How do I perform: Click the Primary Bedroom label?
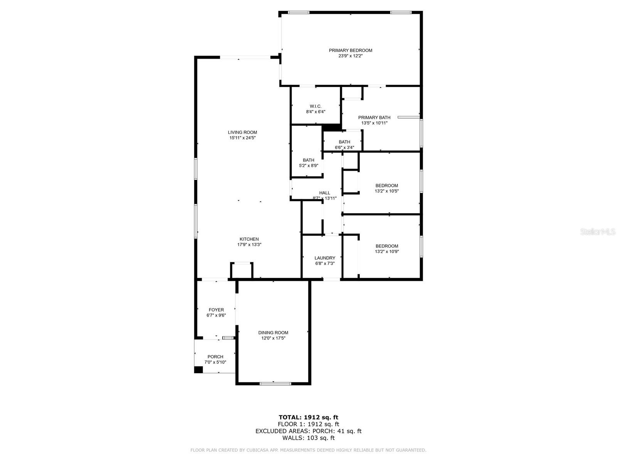pyautogui.click(x=350, y=50)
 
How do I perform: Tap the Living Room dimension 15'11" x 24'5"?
pyautogui.click(x=242, y=138)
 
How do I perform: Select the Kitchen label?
pyautogui.click(x=249, y=239)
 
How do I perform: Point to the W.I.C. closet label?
pyautogui.click(x=315, y=106)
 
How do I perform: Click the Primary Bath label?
pyautogui.click(x=374, y=118)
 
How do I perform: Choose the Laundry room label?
pyautogui.click(x=325, y=258)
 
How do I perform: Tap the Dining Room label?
pyautogui.click(x=273, y=333)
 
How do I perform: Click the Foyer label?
pyautogui.click(x=216, y=310)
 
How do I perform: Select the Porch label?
pyautogui.click(x=215, y=357)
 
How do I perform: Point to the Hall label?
pyautogui.click(x=325, y=193)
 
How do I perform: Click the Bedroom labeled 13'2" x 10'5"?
pyautogui.click(x=386, y=186)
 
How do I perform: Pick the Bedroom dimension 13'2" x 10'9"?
pyautogui.click(x=387, y=252)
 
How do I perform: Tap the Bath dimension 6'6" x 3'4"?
pyautogui.click(x=344, y=147)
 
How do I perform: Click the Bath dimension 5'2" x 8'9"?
pyautogui.click(x=308, y=166)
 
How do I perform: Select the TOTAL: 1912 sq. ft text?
pyautogui.click(x=308, y=417)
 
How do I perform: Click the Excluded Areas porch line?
pyautogui.click(x=308, y=431)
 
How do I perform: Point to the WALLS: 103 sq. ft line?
pyautogui.click(x=308, y=438)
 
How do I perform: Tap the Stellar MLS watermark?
pyautogui.click(x=598, y=232)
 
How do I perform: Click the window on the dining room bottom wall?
pyautogui.click(x=275, y=384)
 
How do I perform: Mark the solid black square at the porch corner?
pyautogui.click(x=198, y=370)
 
